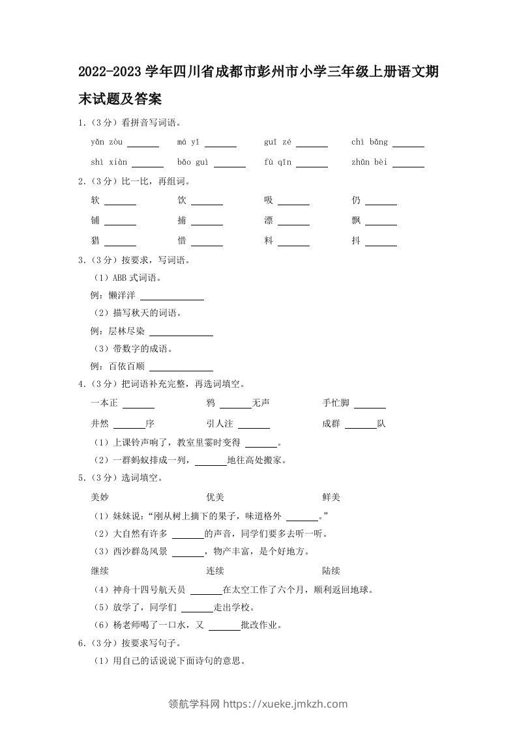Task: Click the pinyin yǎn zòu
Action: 106,142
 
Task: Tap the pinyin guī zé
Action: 278,142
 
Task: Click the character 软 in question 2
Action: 96,201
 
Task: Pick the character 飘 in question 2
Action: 356,221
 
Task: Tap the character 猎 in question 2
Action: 96,241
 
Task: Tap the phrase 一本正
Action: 104,403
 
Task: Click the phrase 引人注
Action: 220,423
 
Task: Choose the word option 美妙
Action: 100,498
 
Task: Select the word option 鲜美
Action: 331,498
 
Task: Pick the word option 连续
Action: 215,571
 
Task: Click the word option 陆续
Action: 331,571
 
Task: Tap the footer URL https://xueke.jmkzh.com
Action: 286,704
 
